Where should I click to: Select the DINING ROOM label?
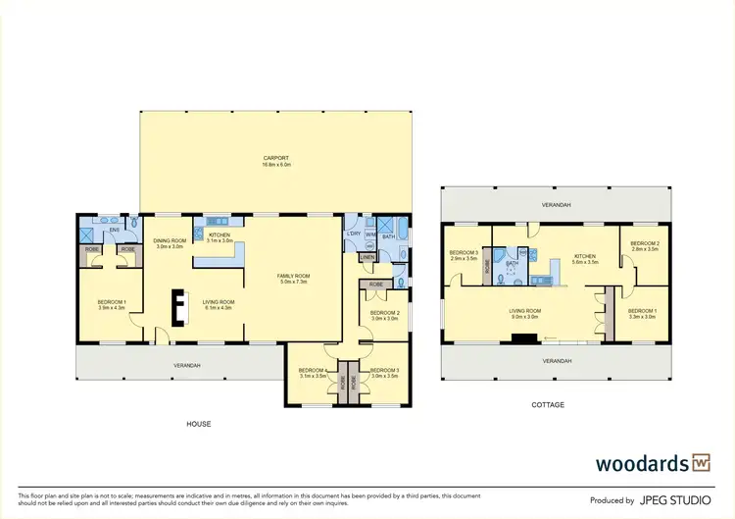pos(170,240)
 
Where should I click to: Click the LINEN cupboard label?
pos(367,257)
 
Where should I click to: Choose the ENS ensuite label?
pos(114,230)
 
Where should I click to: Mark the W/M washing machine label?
pos(369,234)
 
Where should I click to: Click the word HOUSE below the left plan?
pos(199,424)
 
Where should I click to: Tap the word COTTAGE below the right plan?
pos(549,404)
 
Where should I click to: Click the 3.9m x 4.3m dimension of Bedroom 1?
pos(113,307)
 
